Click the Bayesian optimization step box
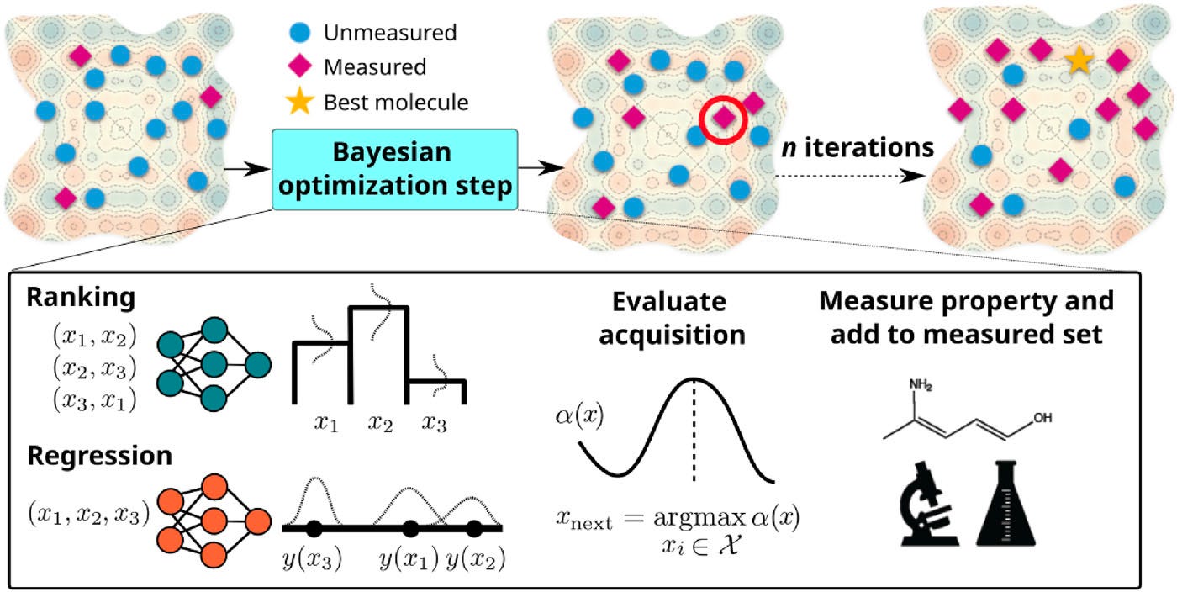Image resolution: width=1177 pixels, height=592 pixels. [x=394, y=170]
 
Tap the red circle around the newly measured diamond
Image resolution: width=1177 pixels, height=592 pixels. [x=723, y=118]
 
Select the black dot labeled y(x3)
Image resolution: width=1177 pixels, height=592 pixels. [x=314, y=528]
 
